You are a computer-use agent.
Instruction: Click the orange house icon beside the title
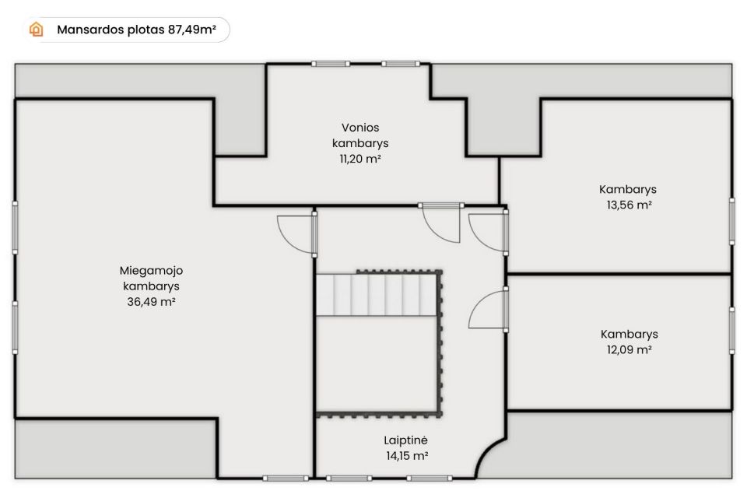click(37, 30)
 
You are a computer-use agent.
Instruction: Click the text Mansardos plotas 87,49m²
click(136, 30)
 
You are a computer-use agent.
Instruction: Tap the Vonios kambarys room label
click(360, 135)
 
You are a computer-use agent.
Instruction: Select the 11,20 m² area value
click(360, 159)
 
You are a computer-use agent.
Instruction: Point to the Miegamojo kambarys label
click(151, 279)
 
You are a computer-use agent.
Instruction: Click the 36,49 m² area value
click(151, 302)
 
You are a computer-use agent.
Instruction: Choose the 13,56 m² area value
click(629, 205)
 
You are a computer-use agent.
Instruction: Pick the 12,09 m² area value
click(629, 350)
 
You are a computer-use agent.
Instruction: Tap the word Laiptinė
click(405, 440)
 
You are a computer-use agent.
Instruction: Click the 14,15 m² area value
click(407, 456)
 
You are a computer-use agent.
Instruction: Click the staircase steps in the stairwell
click(377, 294)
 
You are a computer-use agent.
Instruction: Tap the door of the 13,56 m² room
click(486, 233)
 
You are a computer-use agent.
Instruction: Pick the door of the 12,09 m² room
click(486, 310)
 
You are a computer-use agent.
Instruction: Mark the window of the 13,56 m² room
click(732, 222)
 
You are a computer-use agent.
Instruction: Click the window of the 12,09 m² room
click(732, 331)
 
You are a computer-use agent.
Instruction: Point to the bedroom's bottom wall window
click(286, 478)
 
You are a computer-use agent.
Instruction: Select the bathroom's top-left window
click(331, 64)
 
